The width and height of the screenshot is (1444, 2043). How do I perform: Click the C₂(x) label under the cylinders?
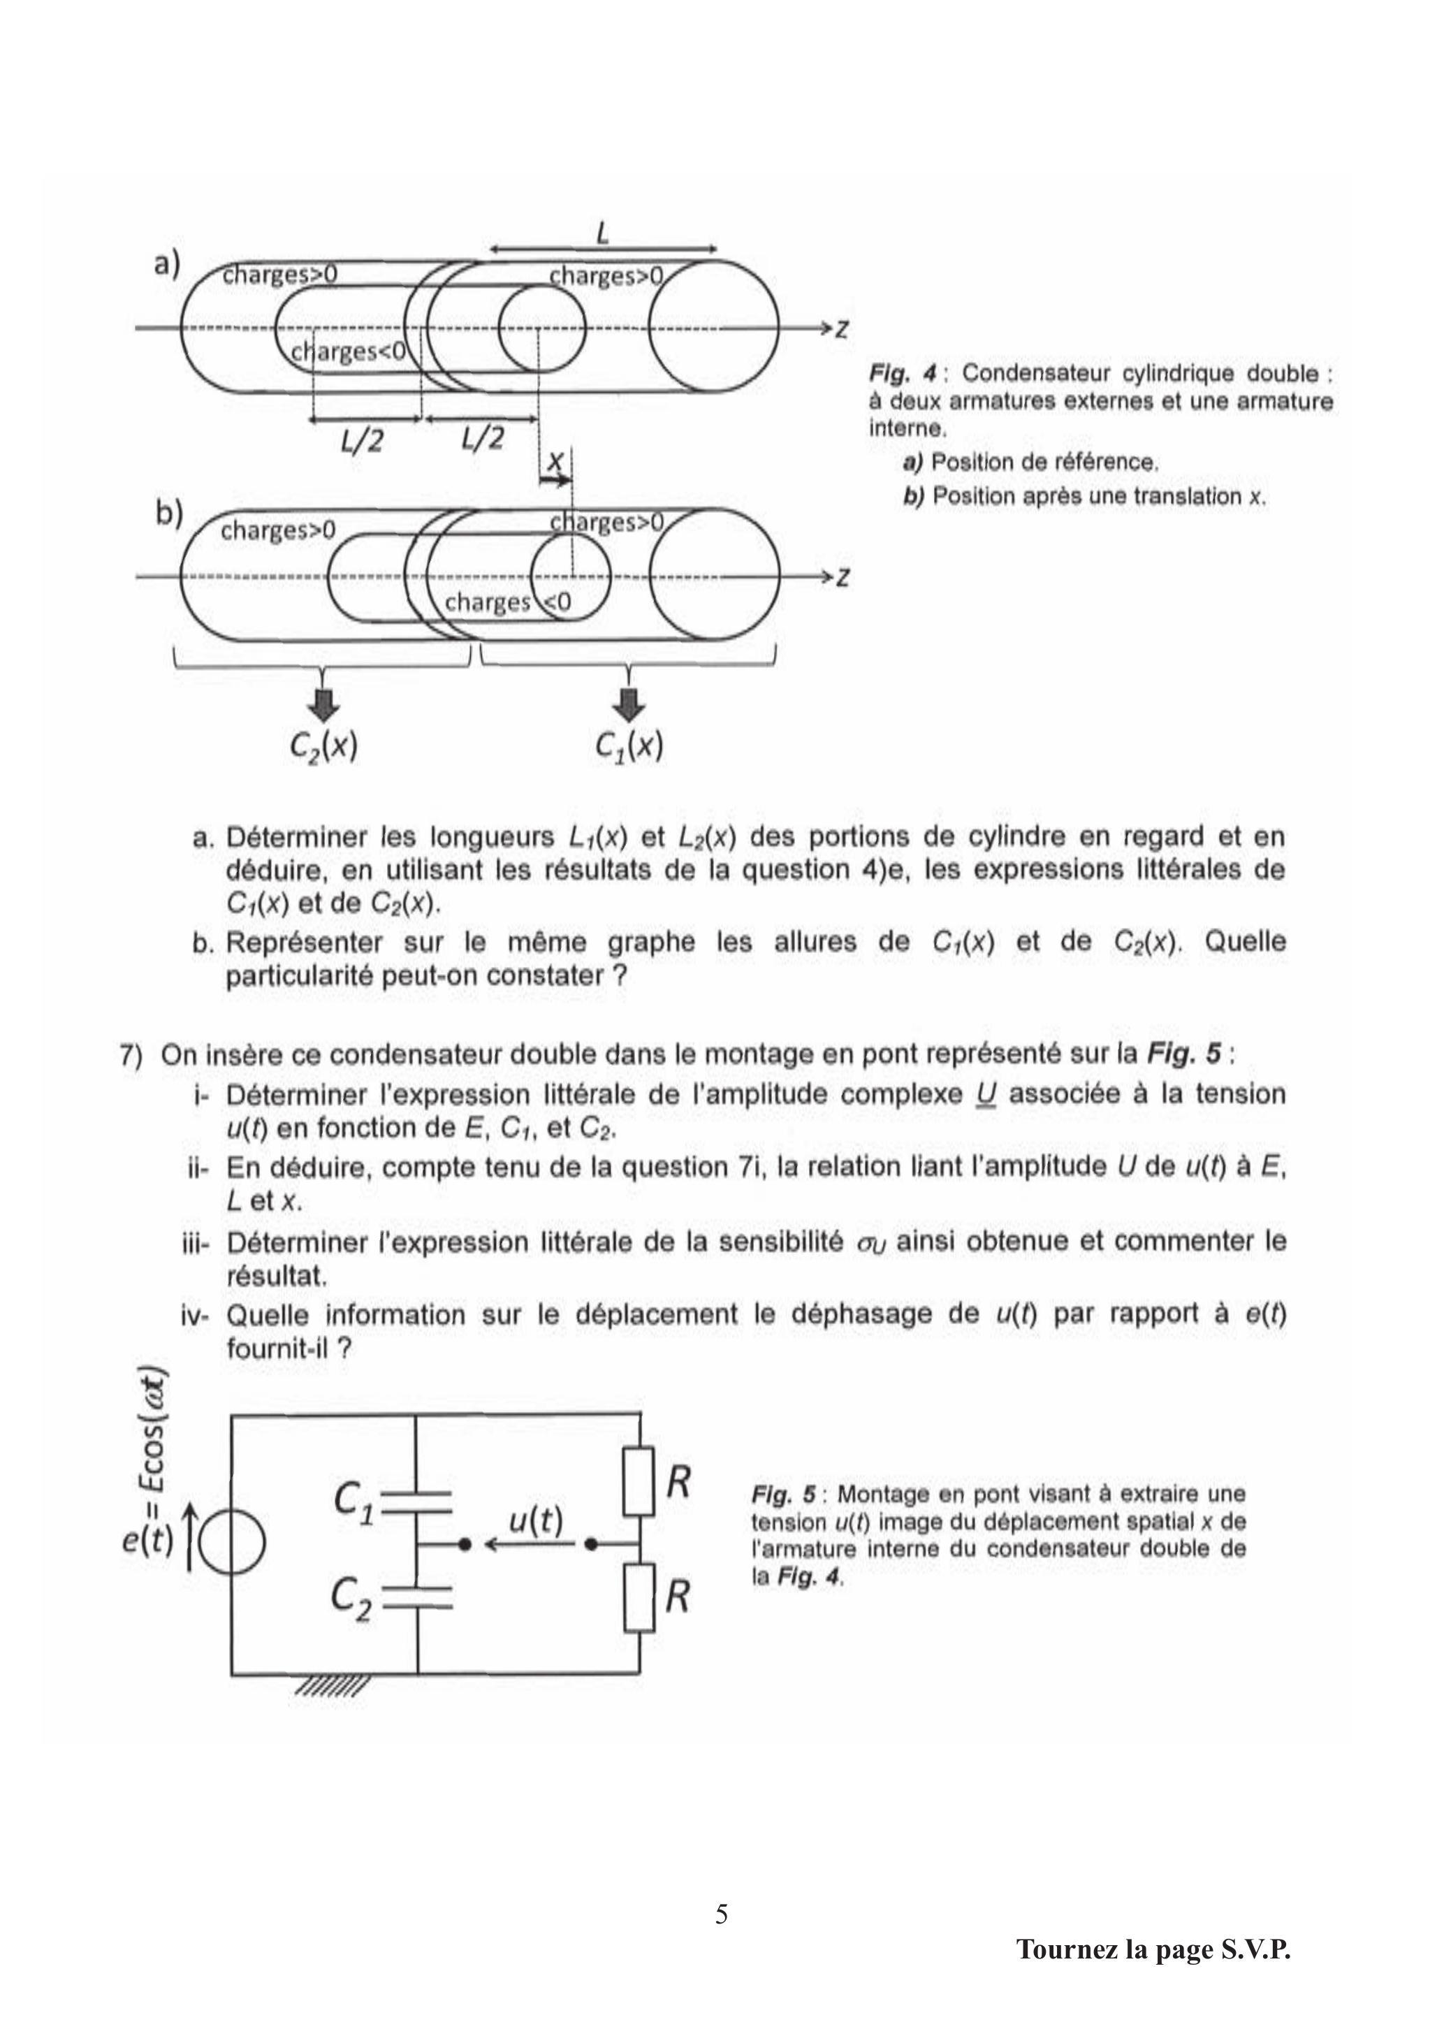tap(324, 745)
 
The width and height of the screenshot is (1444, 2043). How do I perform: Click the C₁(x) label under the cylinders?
tap(629, 745)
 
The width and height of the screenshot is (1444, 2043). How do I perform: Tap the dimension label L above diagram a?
tap(602, 233)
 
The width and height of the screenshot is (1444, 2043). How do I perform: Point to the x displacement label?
tap(555, 461)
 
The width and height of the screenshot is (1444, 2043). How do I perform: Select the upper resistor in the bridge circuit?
tap(639, 1481)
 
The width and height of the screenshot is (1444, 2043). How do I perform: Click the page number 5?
tap(721, 1913)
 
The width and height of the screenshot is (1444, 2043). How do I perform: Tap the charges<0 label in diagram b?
tap(507, 602)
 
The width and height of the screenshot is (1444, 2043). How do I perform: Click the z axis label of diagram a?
tap(841, 328)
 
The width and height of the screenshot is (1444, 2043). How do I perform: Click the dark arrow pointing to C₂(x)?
tap(322, 702)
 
